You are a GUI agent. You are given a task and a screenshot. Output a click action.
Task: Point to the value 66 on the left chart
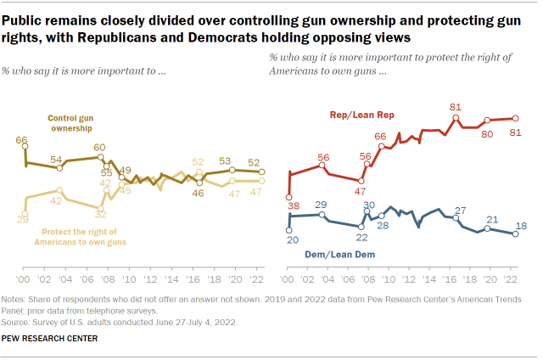click(22, 140)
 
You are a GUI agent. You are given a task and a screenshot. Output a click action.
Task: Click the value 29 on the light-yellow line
click(22, 220)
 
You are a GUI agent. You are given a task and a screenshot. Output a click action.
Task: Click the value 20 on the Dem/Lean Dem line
click(290, 240)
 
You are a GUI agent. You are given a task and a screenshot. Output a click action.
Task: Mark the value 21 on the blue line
click(491, 219)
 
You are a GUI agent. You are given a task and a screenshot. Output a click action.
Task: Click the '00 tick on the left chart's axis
click(24, 279)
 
